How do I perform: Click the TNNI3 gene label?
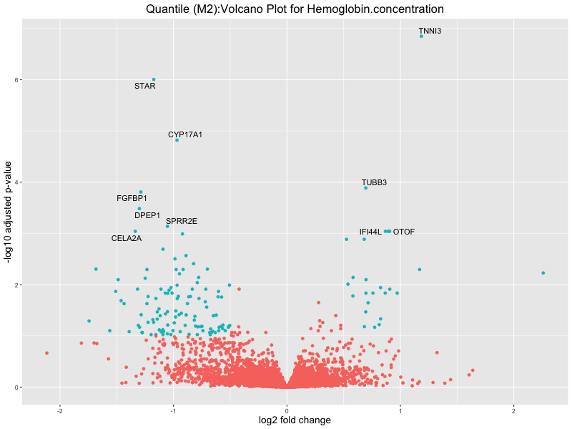(430, 31)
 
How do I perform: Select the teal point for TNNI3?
(421, 36)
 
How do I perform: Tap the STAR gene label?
(144, 87)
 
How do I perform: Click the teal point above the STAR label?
(154, 79)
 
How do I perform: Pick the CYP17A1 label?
(185, 134)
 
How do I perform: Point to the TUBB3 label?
(374, 182)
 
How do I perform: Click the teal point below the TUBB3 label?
(365, 188)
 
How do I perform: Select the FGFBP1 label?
(132, 198)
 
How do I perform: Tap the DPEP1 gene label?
(147, 215)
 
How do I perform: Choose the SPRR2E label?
(182, 221)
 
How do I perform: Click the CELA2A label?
(127, 238)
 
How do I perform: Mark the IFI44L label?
(370, 232)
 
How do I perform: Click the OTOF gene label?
(404, 232)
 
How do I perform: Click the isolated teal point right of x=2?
(543, 273)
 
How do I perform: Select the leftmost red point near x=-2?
(46, 352)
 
